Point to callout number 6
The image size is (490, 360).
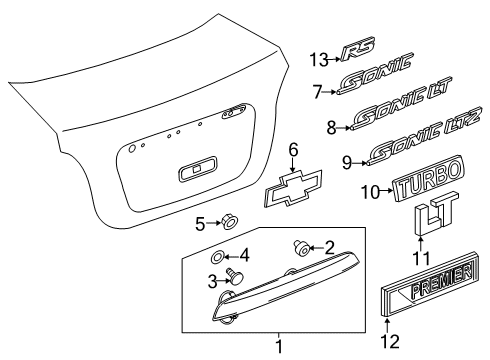[x=293, y=150]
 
